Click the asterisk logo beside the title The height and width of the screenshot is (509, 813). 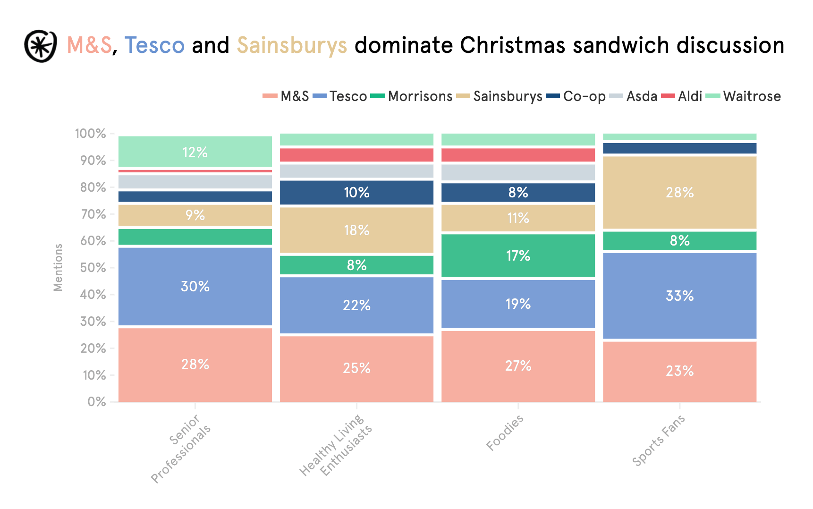pyautogui.click(x=41, y=46)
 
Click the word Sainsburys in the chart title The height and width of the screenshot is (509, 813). pyautogui.click(x=292, y=46)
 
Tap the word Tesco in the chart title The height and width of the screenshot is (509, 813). pyautogui.click(x=154, y=46)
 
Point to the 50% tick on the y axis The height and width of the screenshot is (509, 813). pyautogui.click(x=93, y=268)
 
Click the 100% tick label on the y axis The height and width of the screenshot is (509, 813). pyautogui.click(x=90, y=134)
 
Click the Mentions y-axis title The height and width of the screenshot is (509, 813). pyautogui.click(x=58, y=267)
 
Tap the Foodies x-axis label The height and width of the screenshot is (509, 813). pyautogui.click(x=505, y=433)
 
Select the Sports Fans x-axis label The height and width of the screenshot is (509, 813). pyautogui.click(x=658, y=441)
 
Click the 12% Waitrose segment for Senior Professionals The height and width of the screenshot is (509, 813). pyautogui.click(x=195, y=152)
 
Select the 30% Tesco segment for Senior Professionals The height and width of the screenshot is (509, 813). pyautogui.click(x=195, y=286)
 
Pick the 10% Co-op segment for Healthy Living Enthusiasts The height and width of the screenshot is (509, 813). pyautogui.click(x=356, y=193)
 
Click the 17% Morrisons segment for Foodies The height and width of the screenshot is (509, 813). pyautogui.click(x=518, y=256)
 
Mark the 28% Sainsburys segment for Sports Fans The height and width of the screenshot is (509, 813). pyautogui.click(x=679, y=193)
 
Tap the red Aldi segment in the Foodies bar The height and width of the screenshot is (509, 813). pyautogui.click(x=518, y=155)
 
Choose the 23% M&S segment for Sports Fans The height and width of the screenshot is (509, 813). pyautogui.click(x=679, y=371)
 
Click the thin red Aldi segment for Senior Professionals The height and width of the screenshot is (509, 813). pyautogui.click(x=195, y=171)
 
